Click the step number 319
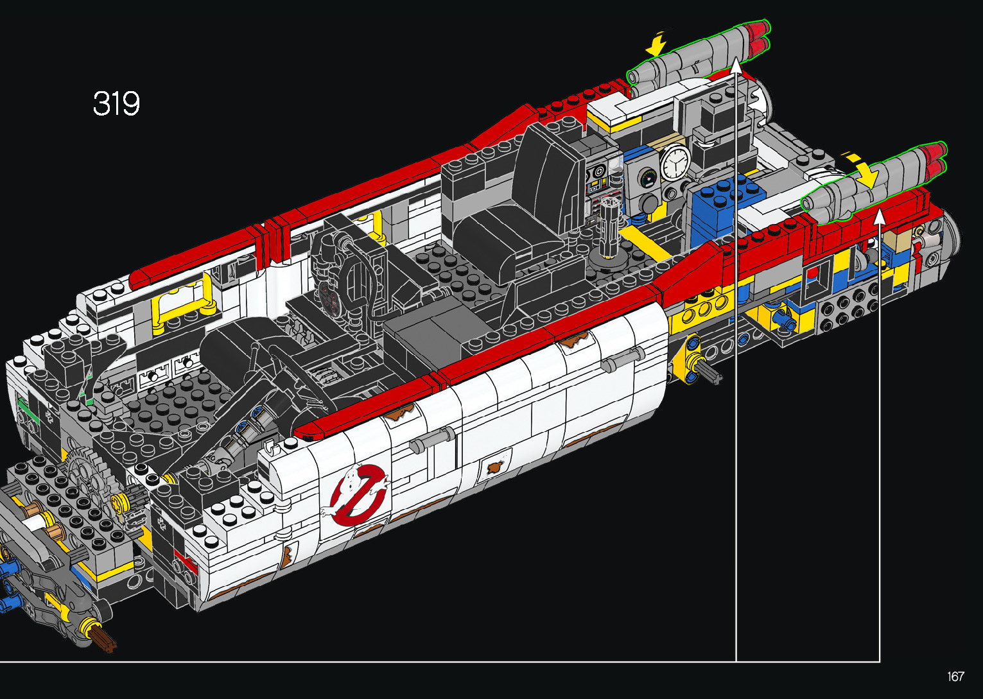[x=116, y=103]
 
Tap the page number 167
[x=955, y=676]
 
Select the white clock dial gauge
[x=675, y=162]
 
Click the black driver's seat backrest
[x=548, y=175]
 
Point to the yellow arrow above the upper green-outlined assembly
[x=659, y=43]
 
